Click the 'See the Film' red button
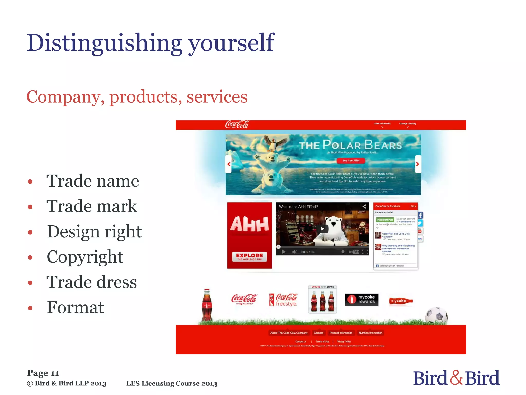(351, 161)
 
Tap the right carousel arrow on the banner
(418, 164)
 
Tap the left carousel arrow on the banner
(229, 164)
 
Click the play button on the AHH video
(323, 229)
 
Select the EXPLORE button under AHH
(249, 256)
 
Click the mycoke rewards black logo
(362, 299)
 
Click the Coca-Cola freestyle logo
(283, 300)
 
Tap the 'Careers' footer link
(318, 333)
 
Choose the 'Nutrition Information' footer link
(370, 333)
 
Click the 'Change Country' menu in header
(408, 124)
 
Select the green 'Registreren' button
(385, 220)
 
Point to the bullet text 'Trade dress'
(91, 282)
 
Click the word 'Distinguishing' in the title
(105, 43)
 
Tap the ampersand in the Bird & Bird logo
(456, 378)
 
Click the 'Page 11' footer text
(43, 373)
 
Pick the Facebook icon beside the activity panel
(420, 215)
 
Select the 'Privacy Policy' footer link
(344, 342)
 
